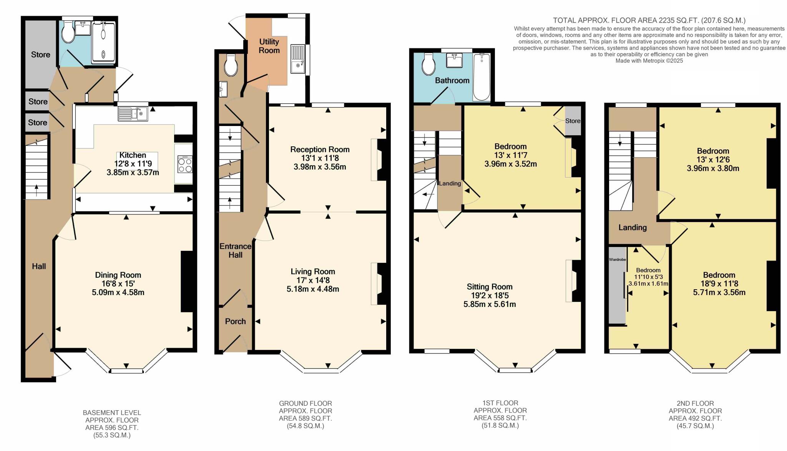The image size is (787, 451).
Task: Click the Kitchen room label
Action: click(133, 155)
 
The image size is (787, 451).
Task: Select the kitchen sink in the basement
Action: click(133, 113)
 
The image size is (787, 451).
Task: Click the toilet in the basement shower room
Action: click(68, 32)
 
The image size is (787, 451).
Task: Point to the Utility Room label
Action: click(269, 46)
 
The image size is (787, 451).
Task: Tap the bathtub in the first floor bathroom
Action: click(482, 77)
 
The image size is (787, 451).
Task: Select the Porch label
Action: click(235, 321)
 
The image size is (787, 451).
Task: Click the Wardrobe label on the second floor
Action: click(617, 260)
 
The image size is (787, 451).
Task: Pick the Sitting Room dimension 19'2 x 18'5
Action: click(490, 295)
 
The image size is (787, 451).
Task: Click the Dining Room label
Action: click(118, 275)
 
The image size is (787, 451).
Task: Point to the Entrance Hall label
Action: click(235, 250)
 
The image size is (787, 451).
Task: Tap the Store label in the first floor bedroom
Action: click(573, 121)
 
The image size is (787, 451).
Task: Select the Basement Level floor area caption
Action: click(112, 424)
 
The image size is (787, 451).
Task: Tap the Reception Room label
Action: click(320, 149)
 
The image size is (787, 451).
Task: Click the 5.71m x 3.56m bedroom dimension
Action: click(719, 292)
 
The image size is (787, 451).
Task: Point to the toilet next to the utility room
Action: click(231, 65)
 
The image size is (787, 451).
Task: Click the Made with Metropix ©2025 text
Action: click(649, 61)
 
